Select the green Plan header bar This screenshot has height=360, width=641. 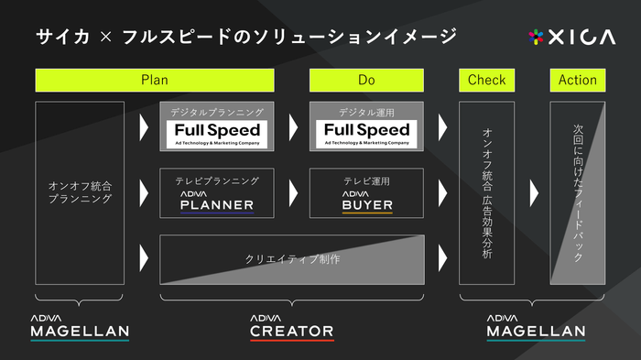click(154, 81)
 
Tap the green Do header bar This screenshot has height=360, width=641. click(366, 81)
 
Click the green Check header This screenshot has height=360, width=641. click(486, 81)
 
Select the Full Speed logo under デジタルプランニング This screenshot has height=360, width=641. click(218, 134)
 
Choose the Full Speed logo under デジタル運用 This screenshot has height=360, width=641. click(366, 134)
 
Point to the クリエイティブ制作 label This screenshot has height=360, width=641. click(292, 259)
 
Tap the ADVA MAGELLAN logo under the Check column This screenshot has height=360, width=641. click(536, 326)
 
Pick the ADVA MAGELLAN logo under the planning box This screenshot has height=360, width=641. click(80, 326)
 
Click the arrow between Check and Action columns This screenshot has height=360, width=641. click(533, 193)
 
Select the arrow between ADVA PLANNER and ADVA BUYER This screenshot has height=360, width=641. click(293, 193)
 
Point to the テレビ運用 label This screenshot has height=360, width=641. click(366, 181)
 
